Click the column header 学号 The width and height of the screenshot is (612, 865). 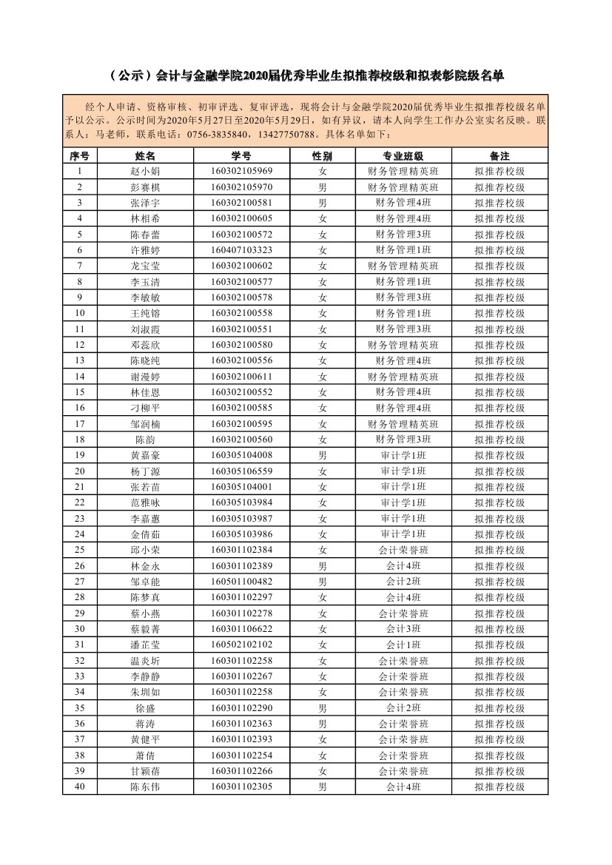241,156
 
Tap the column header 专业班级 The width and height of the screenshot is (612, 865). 403,156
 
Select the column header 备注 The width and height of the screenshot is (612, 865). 500,156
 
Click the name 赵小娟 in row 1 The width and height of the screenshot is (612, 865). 145,172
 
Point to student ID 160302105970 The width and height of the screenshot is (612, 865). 241,187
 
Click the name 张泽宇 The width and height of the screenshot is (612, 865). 145,203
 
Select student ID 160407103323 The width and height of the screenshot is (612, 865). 241,250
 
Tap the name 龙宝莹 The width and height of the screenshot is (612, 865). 145,266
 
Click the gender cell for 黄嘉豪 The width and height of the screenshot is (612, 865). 323,455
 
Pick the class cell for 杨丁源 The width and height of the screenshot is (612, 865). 403,471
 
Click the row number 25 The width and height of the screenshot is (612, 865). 80,550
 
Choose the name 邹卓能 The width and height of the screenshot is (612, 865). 145,582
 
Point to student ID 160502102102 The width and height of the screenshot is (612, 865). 241,644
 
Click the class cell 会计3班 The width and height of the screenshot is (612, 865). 403,629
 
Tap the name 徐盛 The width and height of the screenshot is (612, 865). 145,708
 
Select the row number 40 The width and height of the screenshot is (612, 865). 80,787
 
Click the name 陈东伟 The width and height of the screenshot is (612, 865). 145,787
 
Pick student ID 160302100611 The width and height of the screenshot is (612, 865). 241,377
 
